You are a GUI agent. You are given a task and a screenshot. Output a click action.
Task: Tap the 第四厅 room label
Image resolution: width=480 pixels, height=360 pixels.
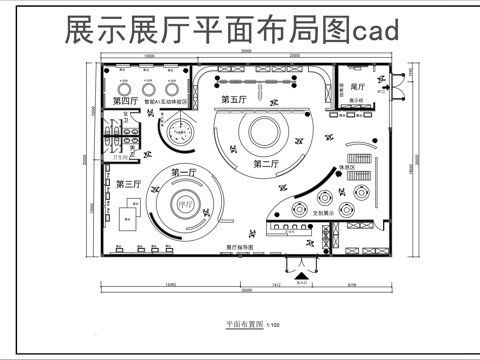point(125,102)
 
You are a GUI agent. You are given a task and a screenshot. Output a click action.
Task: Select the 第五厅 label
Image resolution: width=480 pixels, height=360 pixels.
point(234,100)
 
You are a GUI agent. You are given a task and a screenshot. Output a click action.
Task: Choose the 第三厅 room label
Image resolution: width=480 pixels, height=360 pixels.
point(127,184)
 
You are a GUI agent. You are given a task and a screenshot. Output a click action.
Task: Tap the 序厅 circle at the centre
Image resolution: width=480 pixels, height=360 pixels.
point(183,208)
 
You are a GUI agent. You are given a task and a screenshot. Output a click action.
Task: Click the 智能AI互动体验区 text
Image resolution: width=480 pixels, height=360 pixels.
point(167,102)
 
